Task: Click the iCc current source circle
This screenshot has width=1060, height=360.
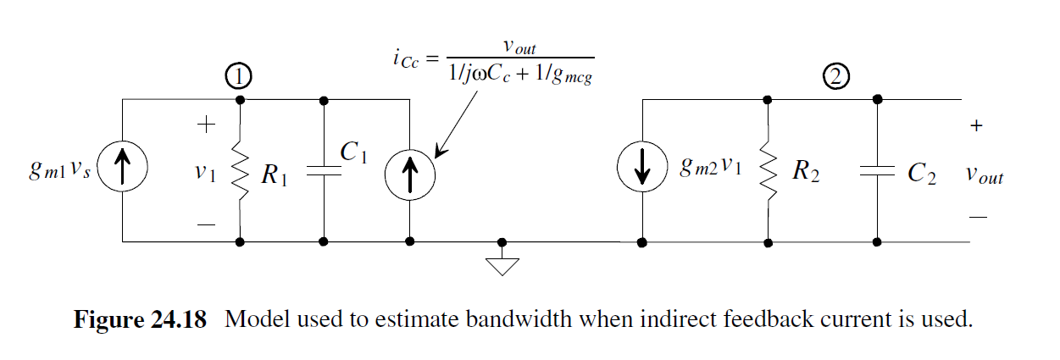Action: click(410, 170)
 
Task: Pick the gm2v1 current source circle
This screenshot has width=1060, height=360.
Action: click(642, 170)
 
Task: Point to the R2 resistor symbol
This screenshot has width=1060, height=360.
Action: click(768, 170)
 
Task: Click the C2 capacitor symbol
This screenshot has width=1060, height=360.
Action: click(878, 170)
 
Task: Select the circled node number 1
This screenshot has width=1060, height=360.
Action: click(240, 78)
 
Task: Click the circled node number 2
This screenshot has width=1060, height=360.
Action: click(835, 78)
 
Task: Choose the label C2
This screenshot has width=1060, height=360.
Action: click(921, 174)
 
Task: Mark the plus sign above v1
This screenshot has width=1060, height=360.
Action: click(205, 126)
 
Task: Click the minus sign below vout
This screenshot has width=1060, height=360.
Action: click(978, 217)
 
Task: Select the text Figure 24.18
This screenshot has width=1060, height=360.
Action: click(140, 321)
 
